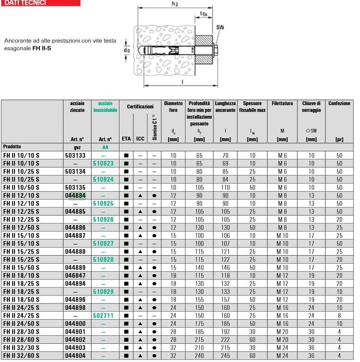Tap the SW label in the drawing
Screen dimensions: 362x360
[220, 27]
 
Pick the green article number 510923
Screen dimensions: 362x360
[104, 162]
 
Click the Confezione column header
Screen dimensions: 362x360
[339, 103]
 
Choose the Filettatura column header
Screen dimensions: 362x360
[282, 103]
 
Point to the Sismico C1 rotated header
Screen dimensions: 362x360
[155, 127]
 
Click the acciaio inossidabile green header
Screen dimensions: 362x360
[105, 106]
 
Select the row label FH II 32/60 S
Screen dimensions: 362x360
[21, 356]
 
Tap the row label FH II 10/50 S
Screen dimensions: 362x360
[21, 189]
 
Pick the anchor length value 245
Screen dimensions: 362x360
[225, 356]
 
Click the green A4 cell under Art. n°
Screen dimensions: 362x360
[105, 147]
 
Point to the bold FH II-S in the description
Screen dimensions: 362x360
[45, 48]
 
